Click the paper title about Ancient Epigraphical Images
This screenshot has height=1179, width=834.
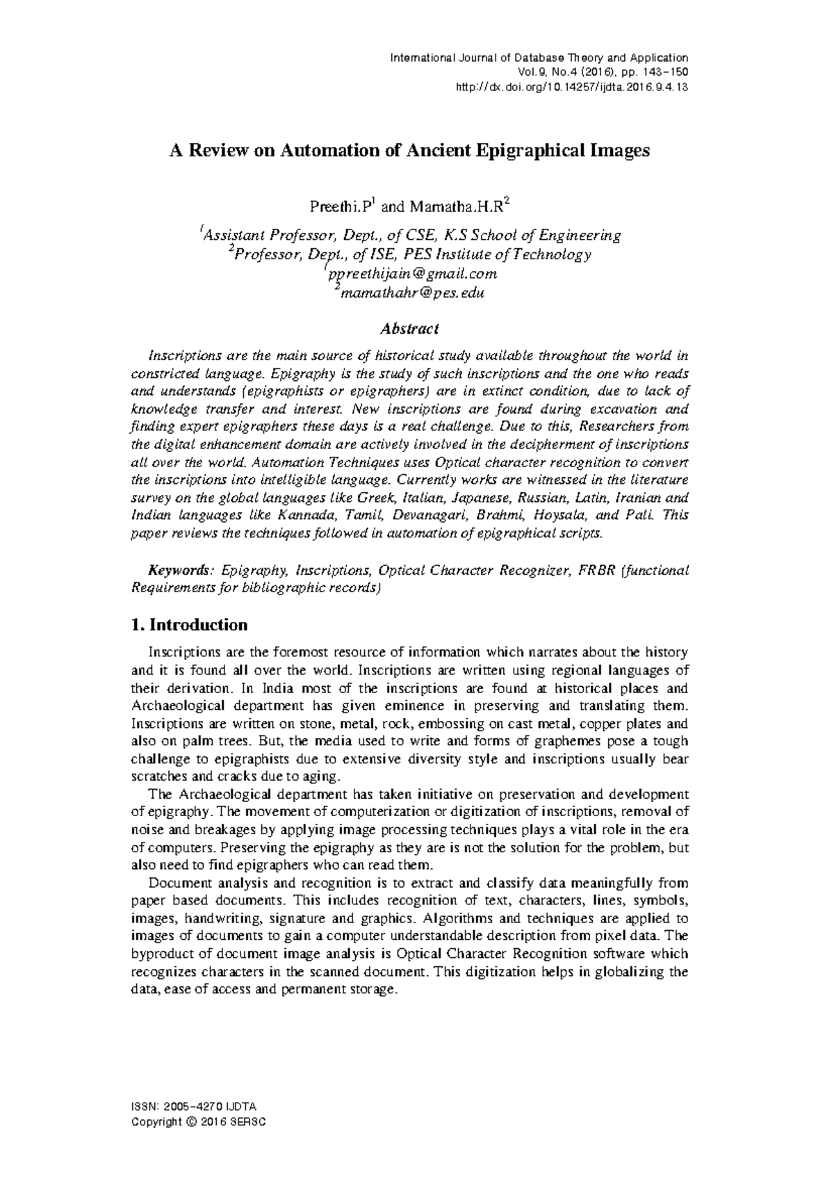tap(410, 151)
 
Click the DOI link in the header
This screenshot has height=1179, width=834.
tap(571, 87)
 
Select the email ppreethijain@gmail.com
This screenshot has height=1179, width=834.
tap(412, 274)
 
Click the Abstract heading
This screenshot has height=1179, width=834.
tap(409, 328)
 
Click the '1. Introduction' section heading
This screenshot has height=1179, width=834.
tap(189, 624)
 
